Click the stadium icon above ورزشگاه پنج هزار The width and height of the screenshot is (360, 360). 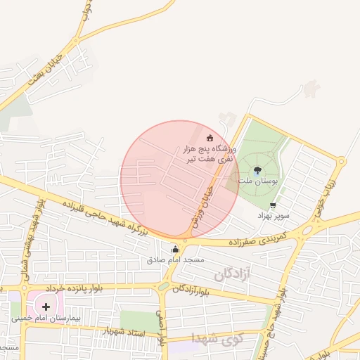(x=210, y=136)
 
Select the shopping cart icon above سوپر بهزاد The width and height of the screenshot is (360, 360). (x=273, y=205)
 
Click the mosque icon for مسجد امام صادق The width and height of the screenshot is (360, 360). (x=175, y=248)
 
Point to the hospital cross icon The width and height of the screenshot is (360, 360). (x=46, y=306)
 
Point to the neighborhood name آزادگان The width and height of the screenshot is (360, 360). (x=229, y=272)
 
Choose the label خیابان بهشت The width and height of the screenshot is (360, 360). (x=49, y=70)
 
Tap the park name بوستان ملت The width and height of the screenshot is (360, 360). (x=258, y=181)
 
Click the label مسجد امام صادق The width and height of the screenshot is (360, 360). (x=175, y=259)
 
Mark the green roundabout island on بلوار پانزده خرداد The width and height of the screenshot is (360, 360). (x=163, y=287)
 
